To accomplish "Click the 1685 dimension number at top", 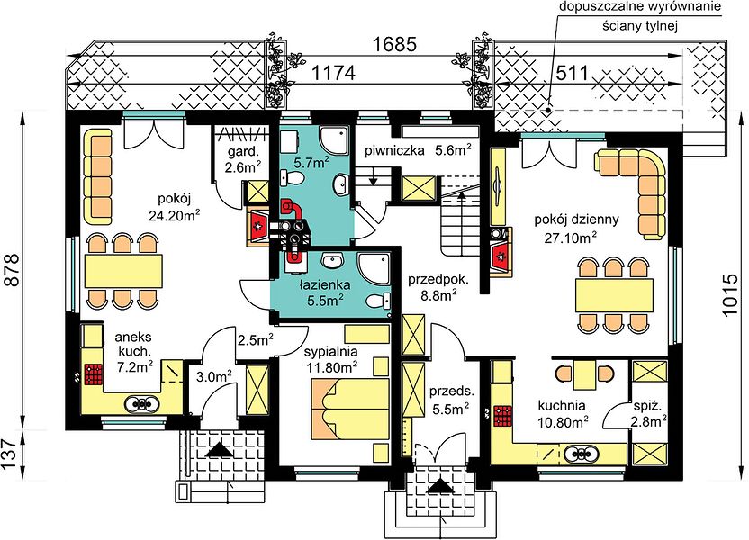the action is click(394, 44).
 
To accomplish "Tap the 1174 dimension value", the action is click(334, 74).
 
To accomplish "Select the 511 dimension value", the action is click(572, 74).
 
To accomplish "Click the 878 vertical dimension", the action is click(13, 269).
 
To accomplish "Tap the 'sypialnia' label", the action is click(331, 352).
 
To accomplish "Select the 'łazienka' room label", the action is click(325, 285).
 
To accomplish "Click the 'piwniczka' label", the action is click(394, 151).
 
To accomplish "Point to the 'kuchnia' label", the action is click(562, 406).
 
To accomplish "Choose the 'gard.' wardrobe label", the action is click(243, 153).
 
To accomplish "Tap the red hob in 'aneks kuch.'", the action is click(95, 374).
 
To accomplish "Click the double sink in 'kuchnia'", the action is click(581, 454).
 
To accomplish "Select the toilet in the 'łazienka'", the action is click(378, 301).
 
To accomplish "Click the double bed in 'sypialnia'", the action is click(350, 409).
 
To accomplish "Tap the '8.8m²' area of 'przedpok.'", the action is click(437, 296).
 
